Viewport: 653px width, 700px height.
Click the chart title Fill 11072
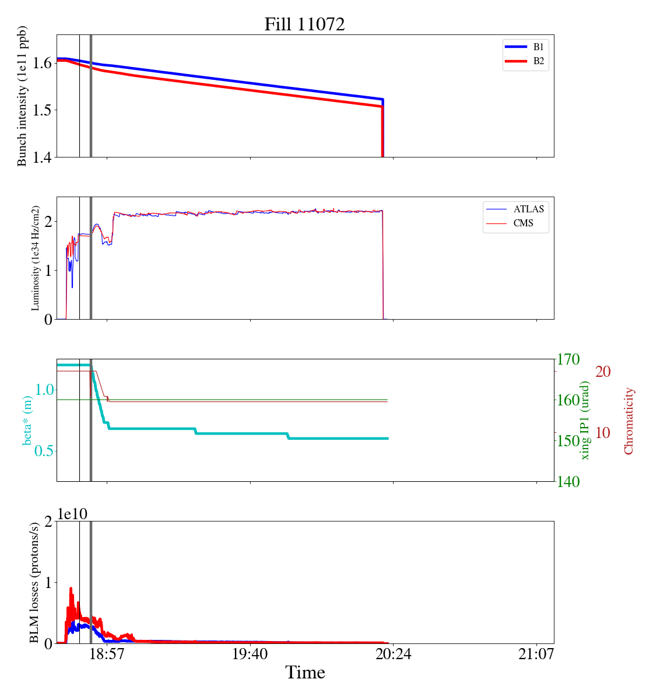click(x=304, y=24)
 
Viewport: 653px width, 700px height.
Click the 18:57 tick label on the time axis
click(x=107, y=654)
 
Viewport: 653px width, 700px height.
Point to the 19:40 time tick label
click(x=250, y=654)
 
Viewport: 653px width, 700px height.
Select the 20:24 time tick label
click(x=393, y=654)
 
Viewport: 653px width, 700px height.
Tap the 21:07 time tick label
click(x=536, y=654)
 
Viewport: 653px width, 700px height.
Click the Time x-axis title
click(x=305, y=673)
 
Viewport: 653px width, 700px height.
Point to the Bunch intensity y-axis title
click(x=22, y=96)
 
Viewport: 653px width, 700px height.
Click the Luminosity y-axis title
click(x=36, y=258)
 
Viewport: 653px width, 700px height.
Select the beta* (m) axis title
click(x=27, y=420)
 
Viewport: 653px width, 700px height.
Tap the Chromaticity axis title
click(x=629, y=421)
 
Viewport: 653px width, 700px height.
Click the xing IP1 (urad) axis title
click(x=585, y=420)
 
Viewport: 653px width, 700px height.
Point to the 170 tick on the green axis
click(x=569, y=359)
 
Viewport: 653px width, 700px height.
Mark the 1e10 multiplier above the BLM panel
click(x=72, y=514)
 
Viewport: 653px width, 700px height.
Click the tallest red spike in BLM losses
click(x=71, y=589)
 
